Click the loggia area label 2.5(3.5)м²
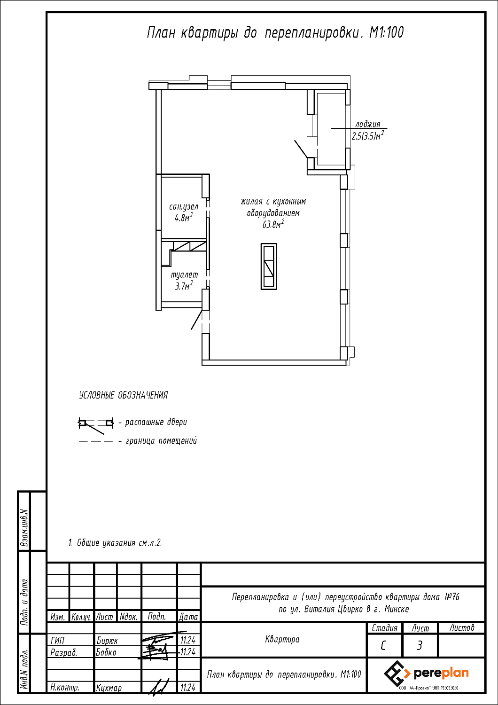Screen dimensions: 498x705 [x=368, y=136]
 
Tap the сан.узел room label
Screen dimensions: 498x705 [x=184, y=207]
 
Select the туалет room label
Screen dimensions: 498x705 [x=184, y=275]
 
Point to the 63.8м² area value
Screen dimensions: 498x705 [x=273, y=224]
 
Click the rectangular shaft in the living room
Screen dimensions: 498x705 [x=269, y=266]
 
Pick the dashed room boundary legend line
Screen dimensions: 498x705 [x=96, y=442]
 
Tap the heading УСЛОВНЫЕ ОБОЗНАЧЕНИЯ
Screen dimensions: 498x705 [x=123, y=395]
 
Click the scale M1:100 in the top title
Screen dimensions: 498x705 [x=386, y=32]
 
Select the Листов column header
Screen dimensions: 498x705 [x=461, y=628]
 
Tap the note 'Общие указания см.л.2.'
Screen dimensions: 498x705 [x=115, y=543]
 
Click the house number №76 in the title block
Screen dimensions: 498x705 [x=452, y=597]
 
